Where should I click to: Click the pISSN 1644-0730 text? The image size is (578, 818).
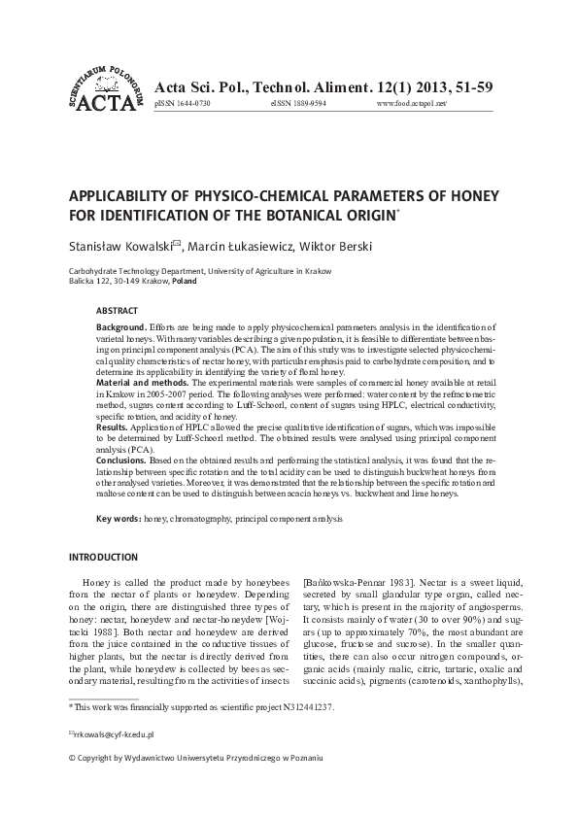click(183, 103)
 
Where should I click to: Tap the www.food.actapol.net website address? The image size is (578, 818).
click(410, 103)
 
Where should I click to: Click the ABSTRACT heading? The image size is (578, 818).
click(117, 311)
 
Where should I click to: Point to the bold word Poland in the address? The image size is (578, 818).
click(184, 281)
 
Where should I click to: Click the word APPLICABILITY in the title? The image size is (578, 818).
click(123, 196)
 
